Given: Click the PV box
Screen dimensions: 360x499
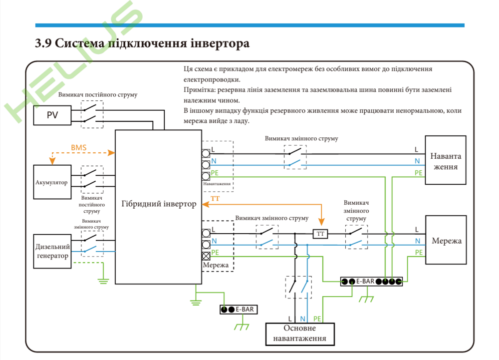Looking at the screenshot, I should [52, 115].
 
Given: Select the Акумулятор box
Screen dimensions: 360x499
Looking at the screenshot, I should [51, 182].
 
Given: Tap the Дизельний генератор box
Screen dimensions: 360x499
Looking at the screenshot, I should [51, 251].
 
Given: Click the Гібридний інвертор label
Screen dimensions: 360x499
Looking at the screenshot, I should [159, 204].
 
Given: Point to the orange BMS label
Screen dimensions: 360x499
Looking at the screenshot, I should [79, 148].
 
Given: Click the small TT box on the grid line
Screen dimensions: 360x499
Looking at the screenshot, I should [320, 234].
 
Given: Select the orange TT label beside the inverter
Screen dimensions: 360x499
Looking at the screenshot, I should [215, 199].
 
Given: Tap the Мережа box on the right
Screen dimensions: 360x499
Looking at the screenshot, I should [446, 241].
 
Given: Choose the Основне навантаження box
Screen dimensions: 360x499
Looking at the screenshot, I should [300, 334].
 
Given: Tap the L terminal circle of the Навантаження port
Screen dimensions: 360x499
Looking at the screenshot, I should [206, 153].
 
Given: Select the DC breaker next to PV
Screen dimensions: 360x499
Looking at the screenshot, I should [92, 114].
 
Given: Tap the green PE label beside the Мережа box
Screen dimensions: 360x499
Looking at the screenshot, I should [418, 252].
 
